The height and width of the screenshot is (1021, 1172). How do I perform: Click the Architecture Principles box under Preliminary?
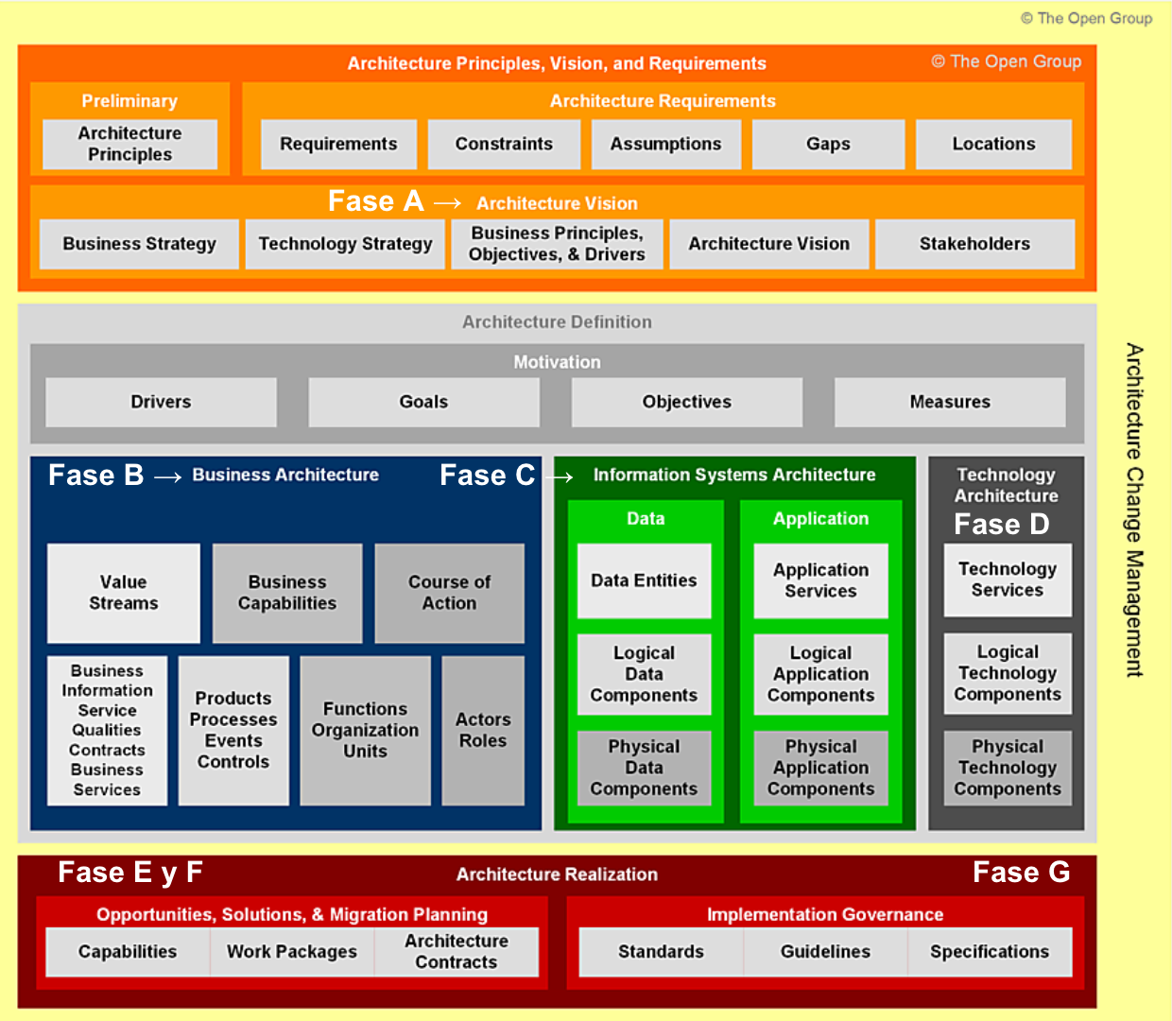click(x=130, y=144)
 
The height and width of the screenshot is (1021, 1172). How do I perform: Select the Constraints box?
click(x=504, y=144)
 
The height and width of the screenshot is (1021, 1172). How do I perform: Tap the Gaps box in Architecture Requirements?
click(x=828, y=144)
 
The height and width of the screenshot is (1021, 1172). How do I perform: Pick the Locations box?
click(x=993, y=144)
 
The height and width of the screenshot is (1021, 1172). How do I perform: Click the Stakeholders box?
click(x=974, y=244)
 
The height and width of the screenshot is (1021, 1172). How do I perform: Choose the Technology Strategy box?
click(x=345, y=244)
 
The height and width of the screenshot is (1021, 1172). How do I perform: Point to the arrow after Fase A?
click(x=447, y=203)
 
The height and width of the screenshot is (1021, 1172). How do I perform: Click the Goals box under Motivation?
click(x=423, y=402)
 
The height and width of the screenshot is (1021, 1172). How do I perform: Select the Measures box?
click(x=950, y=402)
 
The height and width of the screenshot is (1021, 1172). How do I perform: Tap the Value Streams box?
click(x=124, y=593)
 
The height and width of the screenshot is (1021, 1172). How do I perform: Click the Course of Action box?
click(x=449, y=593)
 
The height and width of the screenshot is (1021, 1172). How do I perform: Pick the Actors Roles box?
click(x=483, y=730)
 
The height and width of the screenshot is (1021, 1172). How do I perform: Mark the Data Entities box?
click(x=644, y=580)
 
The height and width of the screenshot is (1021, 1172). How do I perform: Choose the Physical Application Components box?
click(x=820, y=768)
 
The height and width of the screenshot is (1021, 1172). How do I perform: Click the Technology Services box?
click(x=1008, y=580)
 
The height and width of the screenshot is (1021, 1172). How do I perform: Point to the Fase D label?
click(x=1001, y=525)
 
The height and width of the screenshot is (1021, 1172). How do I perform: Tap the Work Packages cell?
click(x=292, y=952)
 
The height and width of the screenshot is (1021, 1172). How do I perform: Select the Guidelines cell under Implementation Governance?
click(x=825, y=952)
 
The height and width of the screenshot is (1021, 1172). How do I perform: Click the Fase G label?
click(x=1021, y=872)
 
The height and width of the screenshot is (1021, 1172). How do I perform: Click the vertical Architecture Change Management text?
click(x=1134, y=510)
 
